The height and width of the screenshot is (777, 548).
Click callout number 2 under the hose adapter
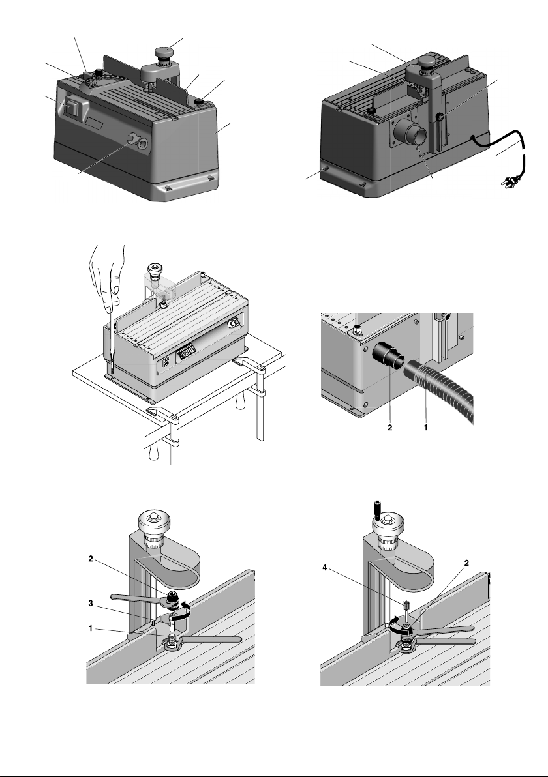click(x=390, y=428)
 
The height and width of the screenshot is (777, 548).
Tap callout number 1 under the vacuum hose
click(x=425, y=427)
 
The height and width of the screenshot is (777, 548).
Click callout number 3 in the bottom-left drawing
click(x=91, y=603)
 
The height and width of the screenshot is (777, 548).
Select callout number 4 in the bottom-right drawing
click(x=325, y=568)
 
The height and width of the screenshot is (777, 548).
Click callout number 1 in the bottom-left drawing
click(x=91, y=628)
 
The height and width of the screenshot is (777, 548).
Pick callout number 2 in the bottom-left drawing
click(x=91, y=559)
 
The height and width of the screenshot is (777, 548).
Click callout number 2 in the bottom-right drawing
click(x=466, y=563)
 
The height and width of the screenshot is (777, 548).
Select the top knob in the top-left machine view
click(x=164, y=53)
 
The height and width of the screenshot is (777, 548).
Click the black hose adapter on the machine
click(x=389, y=355)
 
